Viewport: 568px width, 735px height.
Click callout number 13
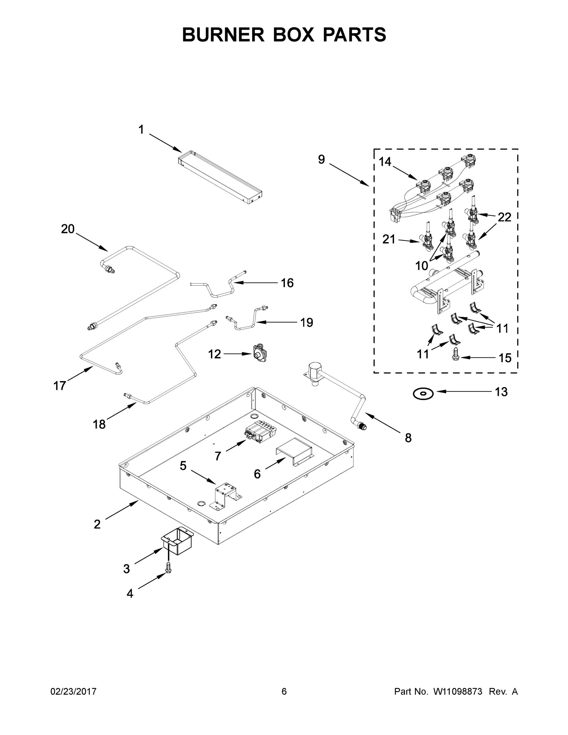coord(501,392)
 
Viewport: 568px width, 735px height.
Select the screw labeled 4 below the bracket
coord(168,569)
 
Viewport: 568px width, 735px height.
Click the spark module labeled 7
coord(258,433)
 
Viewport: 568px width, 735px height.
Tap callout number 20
coord(68,229)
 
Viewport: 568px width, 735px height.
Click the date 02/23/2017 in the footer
coord(73,692)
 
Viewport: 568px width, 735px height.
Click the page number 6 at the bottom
coord(284,692)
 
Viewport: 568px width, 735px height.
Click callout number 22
coord(504,217)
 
